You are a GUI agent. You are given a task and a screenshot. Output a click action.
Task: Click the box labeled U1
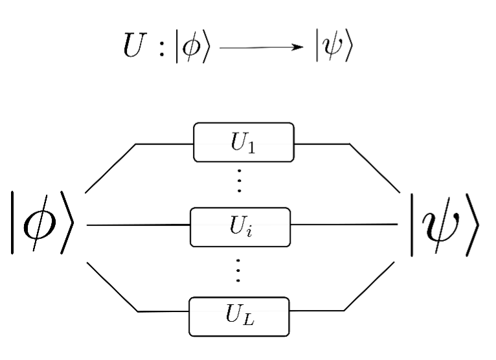243,142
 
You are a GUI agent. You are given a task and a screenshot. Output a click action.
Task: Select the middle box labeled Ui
240,227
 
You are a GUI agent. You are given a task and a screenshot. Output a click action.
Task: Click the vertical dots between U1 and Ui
239,183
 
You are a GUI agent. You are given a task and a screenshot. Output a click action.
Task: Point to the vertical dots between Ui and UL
239,271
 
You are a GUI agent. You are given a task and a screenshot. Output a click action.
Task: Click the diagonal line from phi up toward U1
110,168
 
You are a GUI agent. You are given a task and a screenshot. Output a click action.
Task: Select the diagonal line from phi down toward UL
111,286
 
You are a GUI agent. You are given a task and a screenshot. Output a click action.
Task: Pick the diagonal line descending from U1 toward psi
375,168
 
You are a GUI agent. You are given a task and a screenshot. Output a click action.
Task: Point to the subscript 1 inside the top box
251,146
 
